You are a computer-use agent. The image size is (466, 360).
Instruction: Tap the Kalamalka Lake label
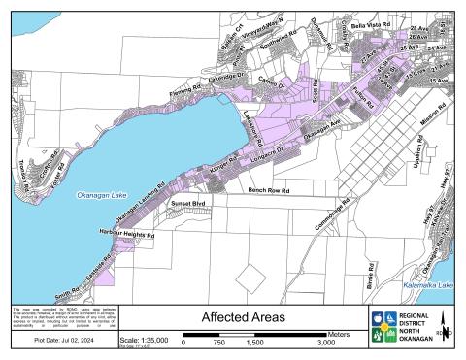point(428,285)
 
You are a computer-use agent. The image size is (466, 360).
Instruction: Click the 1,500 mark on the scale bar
point(254,343)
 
